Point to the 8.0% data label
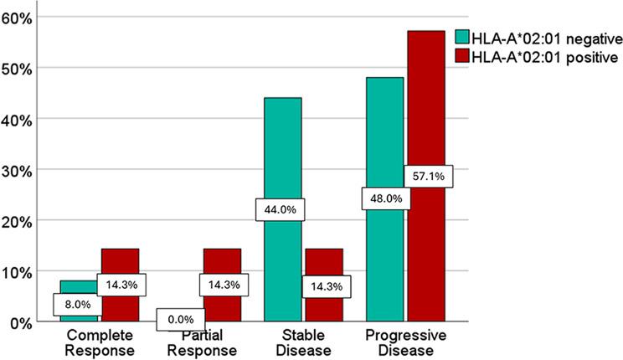[79, 305]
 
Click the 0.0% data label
[180, 318]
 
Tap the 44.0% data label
[281, 210]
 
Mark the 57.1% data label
[429, 177]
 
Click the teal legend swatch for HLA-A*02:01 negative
[461, 37]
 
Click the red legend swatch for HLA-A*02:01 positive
[461, 57]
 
